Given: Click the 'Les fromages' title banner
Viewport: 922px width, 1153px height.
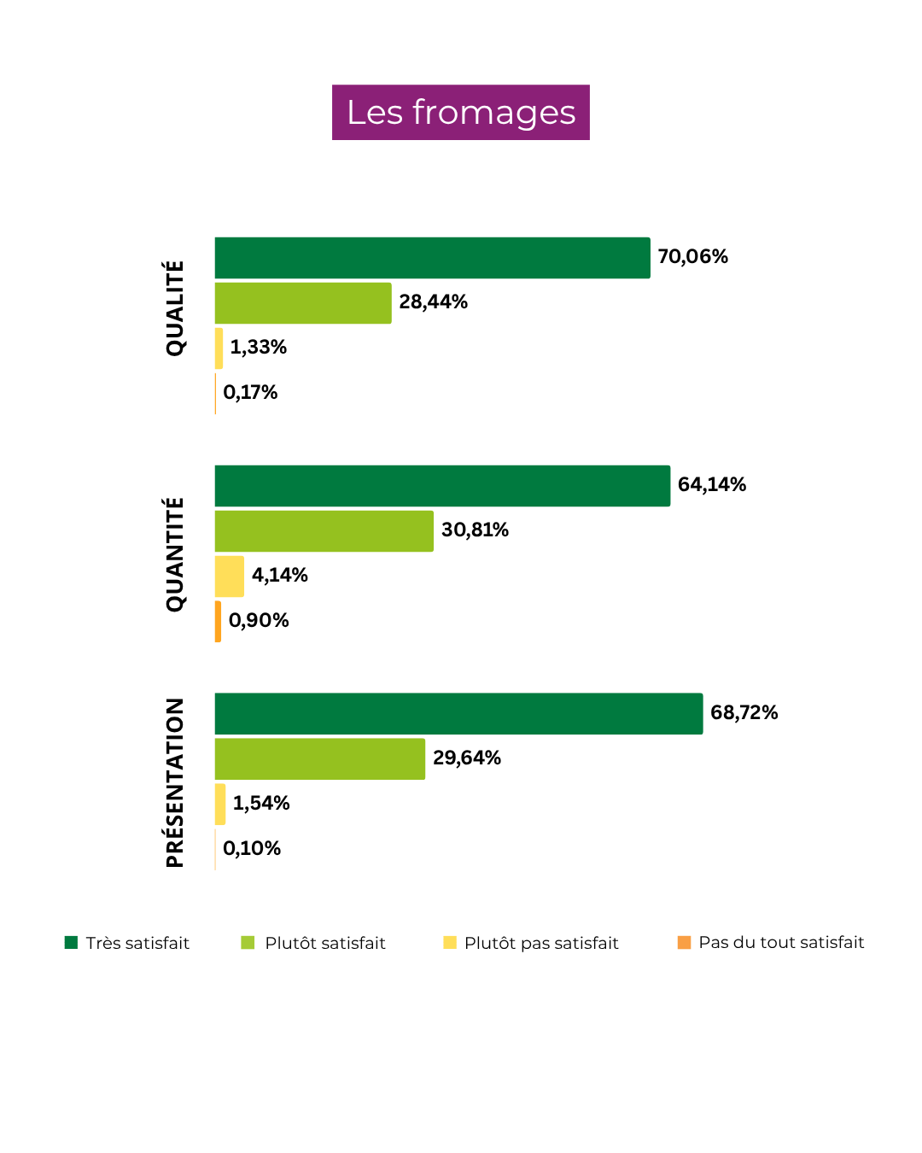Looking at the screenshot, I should (461, 112).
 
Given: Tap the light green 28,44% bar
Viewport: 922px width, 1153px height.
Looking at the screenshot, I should (303, 303).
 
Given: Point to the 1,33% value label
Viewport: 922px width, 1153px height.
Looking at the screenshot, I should (258, 348).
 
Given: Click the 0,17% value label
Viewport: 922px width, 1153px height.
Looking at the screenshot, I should (250, 393).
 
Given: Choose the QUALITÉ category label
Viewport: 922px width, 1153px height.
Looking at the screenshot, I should (175, 308).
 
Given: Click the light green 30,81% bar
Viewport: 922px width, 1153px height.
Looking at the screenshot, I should (324, 531).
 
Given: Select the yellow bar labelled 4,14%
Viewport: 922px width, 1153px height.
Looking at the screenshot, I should (230, 576).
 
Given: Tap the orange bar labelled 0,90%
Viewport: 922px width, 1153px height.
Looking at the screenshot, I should (219, 622).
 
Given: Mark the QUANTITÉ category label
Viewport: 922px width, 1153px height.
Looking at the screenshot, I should (175, 554).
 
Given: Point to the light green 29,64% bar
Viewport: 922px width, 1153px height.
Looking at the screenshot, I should (320, 759).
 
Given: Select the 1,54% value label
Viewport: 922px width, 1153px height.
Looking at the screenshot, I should (261, 804).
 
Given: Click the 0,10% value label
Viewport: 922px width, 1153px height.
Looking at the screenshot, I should (252, 849).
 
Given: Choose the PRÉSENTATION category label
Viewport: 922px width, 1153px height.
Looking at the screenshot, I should (175, 782).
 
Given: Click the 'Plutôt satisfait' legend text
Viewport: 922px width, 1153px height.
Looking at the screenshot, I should (325, 943).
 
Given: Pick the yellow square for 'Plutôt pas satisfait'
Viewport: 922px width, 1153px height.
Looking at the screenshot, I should (450, 943).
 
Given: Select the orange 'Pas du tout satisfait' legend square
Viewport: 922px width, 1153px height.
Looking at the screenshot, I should (684, 943).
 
